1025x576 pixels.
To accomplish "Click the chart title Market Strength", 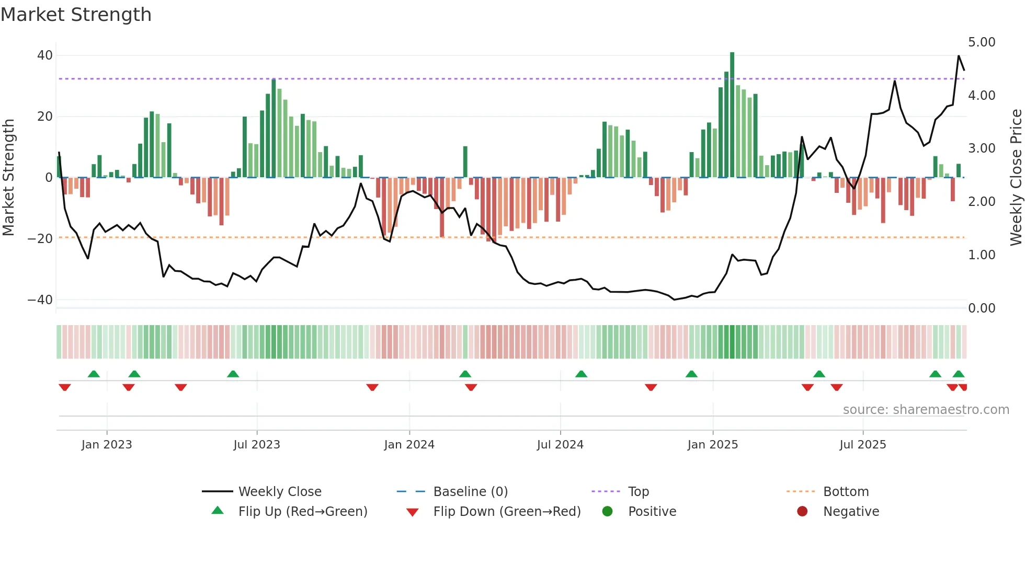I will [76, 15].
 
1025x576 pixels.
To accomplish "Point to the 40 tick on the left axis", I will [45, 55].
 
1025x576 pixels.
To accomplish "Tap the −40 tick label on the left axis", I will [40, 300].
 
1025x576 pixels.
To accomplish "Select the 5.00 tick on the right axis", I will [982, 42].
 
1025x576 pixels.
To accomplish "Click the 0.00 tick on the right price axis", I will [982, 308].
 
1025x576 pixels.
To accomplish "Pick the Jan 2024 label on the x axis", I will [409, 445].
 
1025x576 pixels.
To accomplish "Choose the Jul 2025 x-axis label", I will [863, 445].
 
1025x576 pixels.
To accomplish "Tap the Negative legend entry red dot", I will [802, 511].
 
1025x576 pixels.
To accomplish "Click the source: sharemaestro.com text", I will [926, 410].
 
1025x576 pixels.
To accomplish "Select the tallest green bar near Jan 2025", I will [732, 115].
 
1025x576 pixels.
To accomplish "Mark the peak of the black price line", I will [959, 56].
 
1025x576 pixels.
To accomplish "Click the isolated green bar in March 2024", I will [465, 162].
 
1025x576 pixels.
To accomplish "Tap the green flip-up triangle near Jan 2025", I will [691, 374].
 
